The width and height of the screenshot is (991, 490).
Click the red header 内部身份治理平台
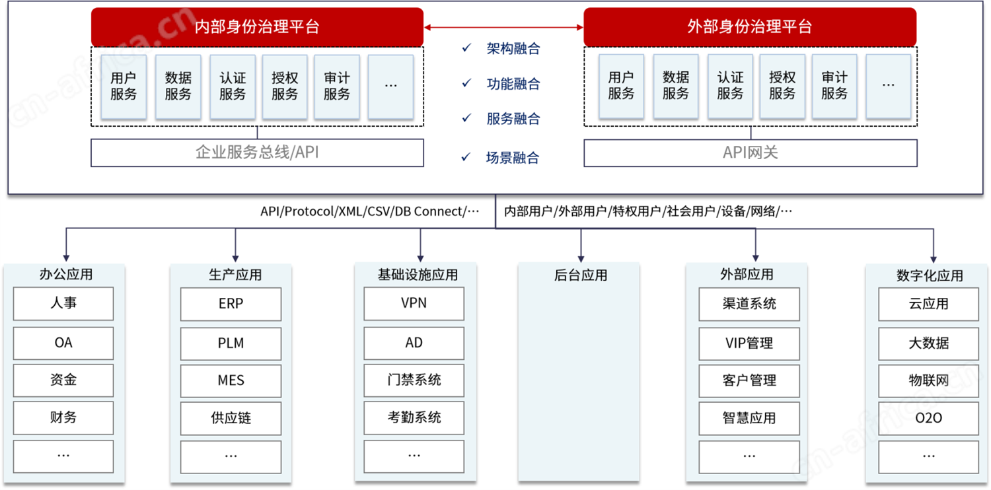[257, 26]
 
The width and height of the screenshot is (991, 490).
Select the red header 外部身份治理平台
[750, 26]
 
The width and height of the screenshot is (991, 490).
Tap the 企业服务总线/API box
[257, 153]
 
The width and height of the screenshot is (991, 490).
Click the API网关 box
[751, 153]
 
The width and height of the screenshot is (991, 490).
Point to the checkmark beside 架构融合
[466, 48]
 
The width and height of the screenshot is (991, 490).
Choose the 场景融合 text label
[512, 157]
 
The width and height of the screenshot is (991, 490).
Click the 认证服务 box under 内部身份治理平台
[233, 87]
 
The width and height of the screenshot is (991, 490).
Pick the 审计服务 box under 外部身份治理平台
[834, 87]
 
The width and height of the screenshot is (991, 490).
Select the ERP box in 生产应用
[231, 304]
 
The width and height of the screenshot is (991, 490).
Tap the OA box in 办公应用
[63, 343]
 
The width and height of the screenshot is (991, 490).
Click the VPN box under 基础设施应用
[414, 303]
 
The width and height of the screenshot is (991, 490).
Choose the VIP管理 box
[749, 343]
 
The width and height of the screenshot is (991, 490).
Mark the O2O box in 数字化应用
[928, 418]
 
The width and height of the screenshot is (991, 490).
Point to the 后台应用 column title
[581, 275]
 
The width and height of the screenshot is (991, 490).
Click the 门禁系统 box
[414, 380]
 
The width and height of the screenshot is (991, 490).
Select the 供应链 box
[231, 418]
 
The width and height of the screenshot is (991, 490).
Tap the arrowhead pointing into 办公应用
[66, 258]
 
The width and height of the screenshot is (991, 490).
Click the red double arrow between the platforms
[503, 28]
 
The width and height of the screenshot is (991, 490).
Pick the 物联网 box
[928, 380]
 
